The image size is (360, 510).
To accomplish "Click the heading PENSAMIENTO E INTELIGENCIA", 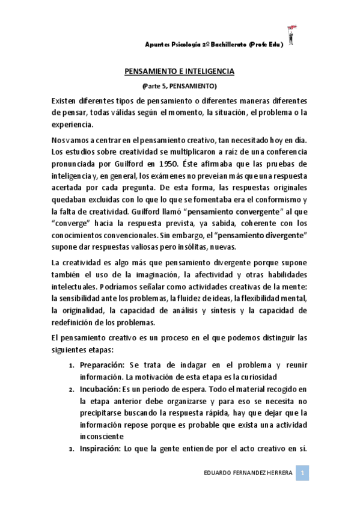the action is pyautogui.click(x=179, y=71).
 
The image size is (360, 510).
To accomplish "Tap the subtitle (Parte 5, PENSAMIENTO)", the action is pyautogui.click(x=179, y=87).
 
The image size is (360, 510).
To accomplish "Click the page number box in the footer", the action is pyautogui.click(x=304, y=473).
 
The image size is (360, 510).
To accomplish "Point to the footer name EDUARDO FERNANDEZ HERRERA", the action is pyautogui.click(x=248, y=474).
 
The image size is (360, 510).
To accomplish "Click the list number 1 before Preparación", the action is pyautogui.click(x=73, y=367).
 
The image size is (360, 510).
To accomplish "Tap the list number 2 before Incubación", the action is pyautogui.click(x=72, y=390).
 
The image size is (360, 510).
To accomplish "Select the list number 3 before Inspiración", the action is pyautogui.click(x=72, y=448).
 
